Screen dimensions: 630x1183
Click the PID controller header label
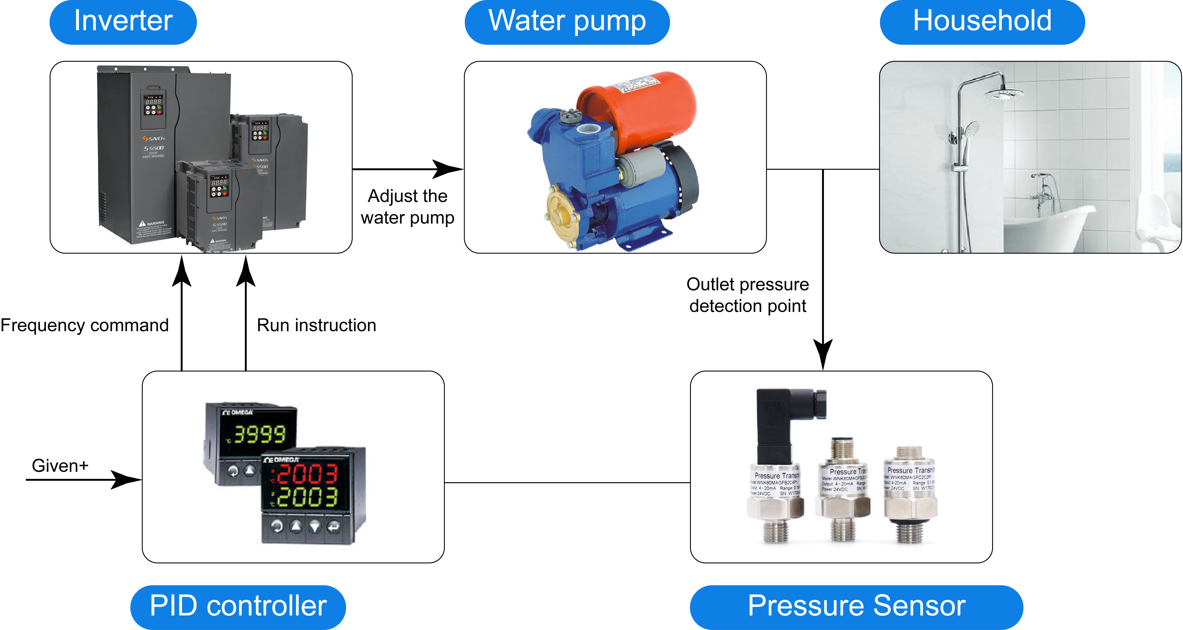[x=238, y=606]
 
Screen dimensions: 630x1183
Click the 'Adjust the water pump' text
[x=407, y=207]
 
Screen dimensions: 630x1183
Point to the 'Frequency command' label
[x=85, y=325]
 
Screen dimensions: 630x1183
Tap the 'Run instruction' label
[x=317, y=325]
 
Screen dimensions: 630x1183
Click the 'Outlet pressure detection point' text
[x=748, y=295]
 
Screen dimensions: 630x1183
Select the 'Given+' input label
[x=60, y=466]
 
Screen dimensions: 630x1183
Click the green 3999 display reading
[x=259, y=434]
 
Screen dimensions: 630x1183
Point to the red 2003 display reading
[x=307, y=474]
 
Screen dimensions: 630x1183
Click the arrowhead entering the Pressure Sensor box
[x=823, y=356]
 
